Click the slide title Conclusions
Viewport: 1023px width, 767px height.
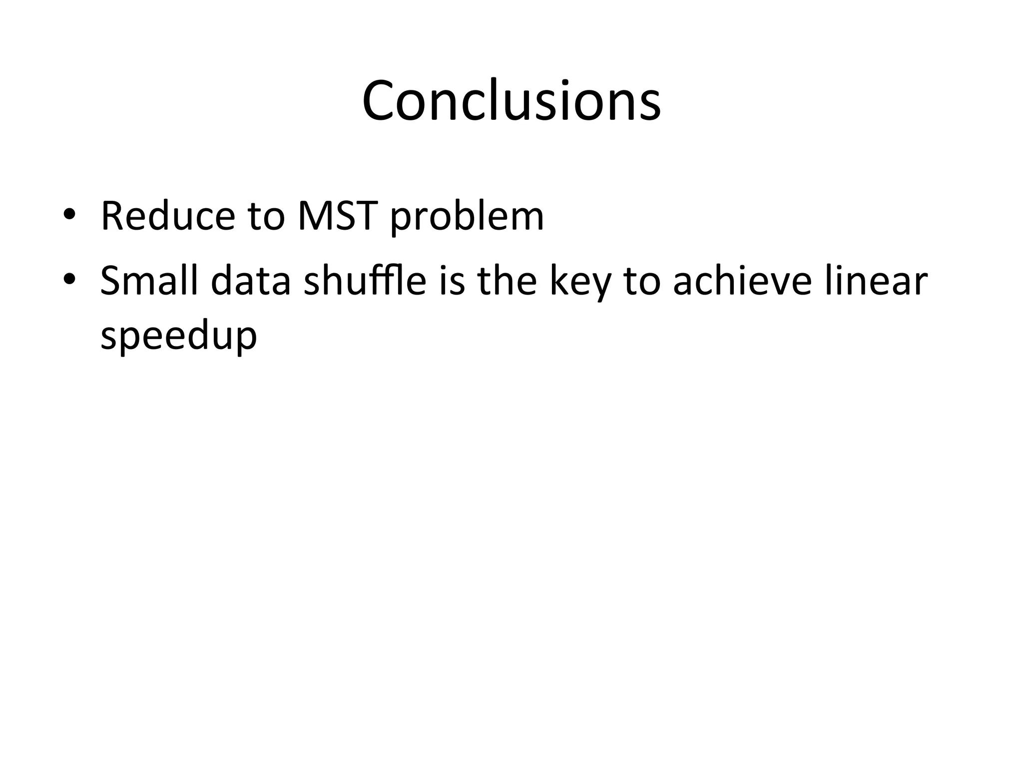(x=511, y=101)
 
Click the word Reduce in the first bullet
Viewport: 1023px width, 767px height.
(x=168, y=216)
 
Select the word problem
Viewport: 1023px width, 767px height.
(x=467, y=218)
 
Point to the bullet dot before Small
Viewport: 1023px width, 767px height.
(x=69, y=279)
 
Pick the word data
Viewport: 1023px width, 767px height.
(x=251, y=281)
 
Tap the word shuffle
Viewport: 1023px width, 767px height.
(x=365, y=281)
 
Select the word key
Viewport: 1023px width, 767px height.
(x=580, y=283)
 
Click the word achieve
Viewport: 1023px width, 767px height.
(x=743, y=281)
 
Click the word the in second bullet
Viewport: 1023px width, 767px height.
(x=507, y=281)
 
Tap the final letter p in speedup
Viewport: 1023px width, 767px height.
(x=247, y=340)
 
